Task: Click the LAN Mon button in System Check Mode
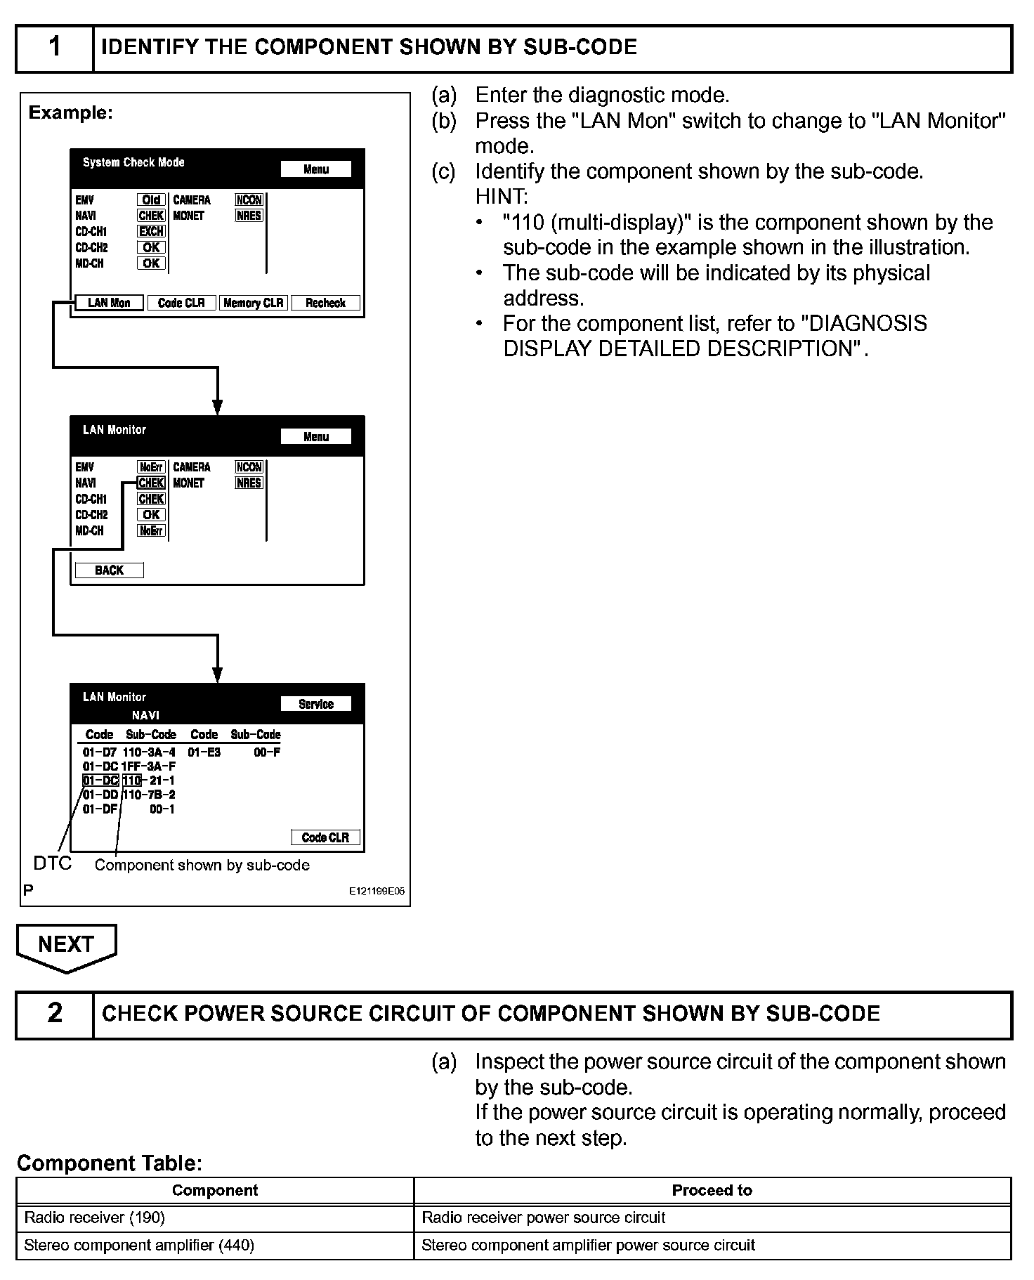pos(109,303)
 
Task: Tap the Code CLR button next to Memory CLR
pos(181,303)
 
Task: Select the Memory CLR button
pos(253,303)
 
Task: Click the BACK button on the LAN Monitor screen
pos(109,570)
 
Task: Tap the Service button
pos(315,704)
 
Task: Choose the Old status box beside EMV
pos(151,200)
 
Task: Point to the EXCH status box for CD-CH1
pos(151,231)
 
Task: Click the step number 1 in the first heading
pos(55,48)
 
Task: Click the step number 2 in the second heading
pos(55,1014)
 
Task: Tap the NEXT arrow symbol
pos(66,946)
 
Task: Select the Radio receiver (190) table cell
pos(95,1217)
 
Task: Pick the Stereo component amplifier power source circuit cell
pos(588,1246)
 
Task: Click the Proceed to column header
pos(712,1190)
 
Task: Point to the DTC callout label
pos(53,863)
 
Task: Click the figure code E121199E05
pos(377,891)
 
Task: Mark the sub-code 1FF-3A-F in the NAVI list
pos(148,766)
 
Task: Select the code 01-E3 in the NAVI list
pos(204,752)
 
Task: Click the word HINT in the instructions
pos(502,197)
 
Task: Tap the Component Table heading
pos(110,1163)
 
